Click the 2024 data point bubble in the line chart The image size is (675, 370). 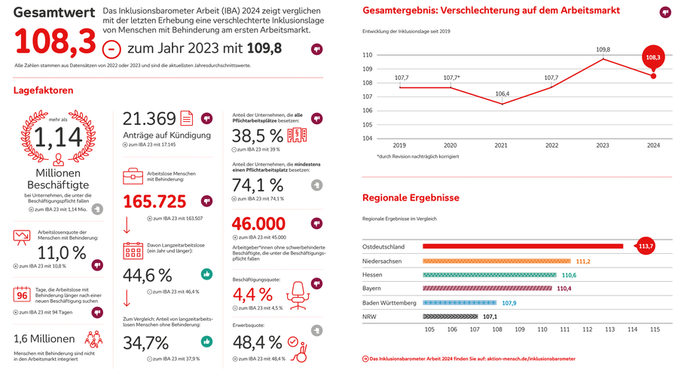(x=652, y=57)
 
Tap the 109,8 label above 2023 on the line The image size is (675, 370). (x=603, y=50)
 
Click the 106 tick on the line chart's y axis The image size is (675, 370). (x=367, y=110)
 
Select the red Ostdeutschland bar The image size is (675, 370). (x=523, y=246)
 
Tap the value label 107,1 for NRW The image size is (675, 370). (x=490, y=316)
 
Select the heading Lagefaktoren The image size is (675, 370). (x=43, y=90)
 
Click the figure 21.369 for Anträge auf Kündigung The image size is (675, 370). (x=149, y=119)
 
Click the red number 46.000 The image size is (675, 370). (x=258, y=224)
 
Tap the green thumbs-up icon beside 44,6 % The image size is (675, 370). (x=206, y=274)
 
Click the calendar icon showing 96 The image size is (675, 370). (x=22, y=295)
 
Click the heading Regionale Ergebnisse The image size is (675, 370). (x=411, y=198)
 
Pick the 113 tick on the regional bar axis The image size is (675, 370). (x=610, y=329)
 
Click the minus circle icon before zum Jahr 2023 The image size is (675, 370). (x=111, y=49)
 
